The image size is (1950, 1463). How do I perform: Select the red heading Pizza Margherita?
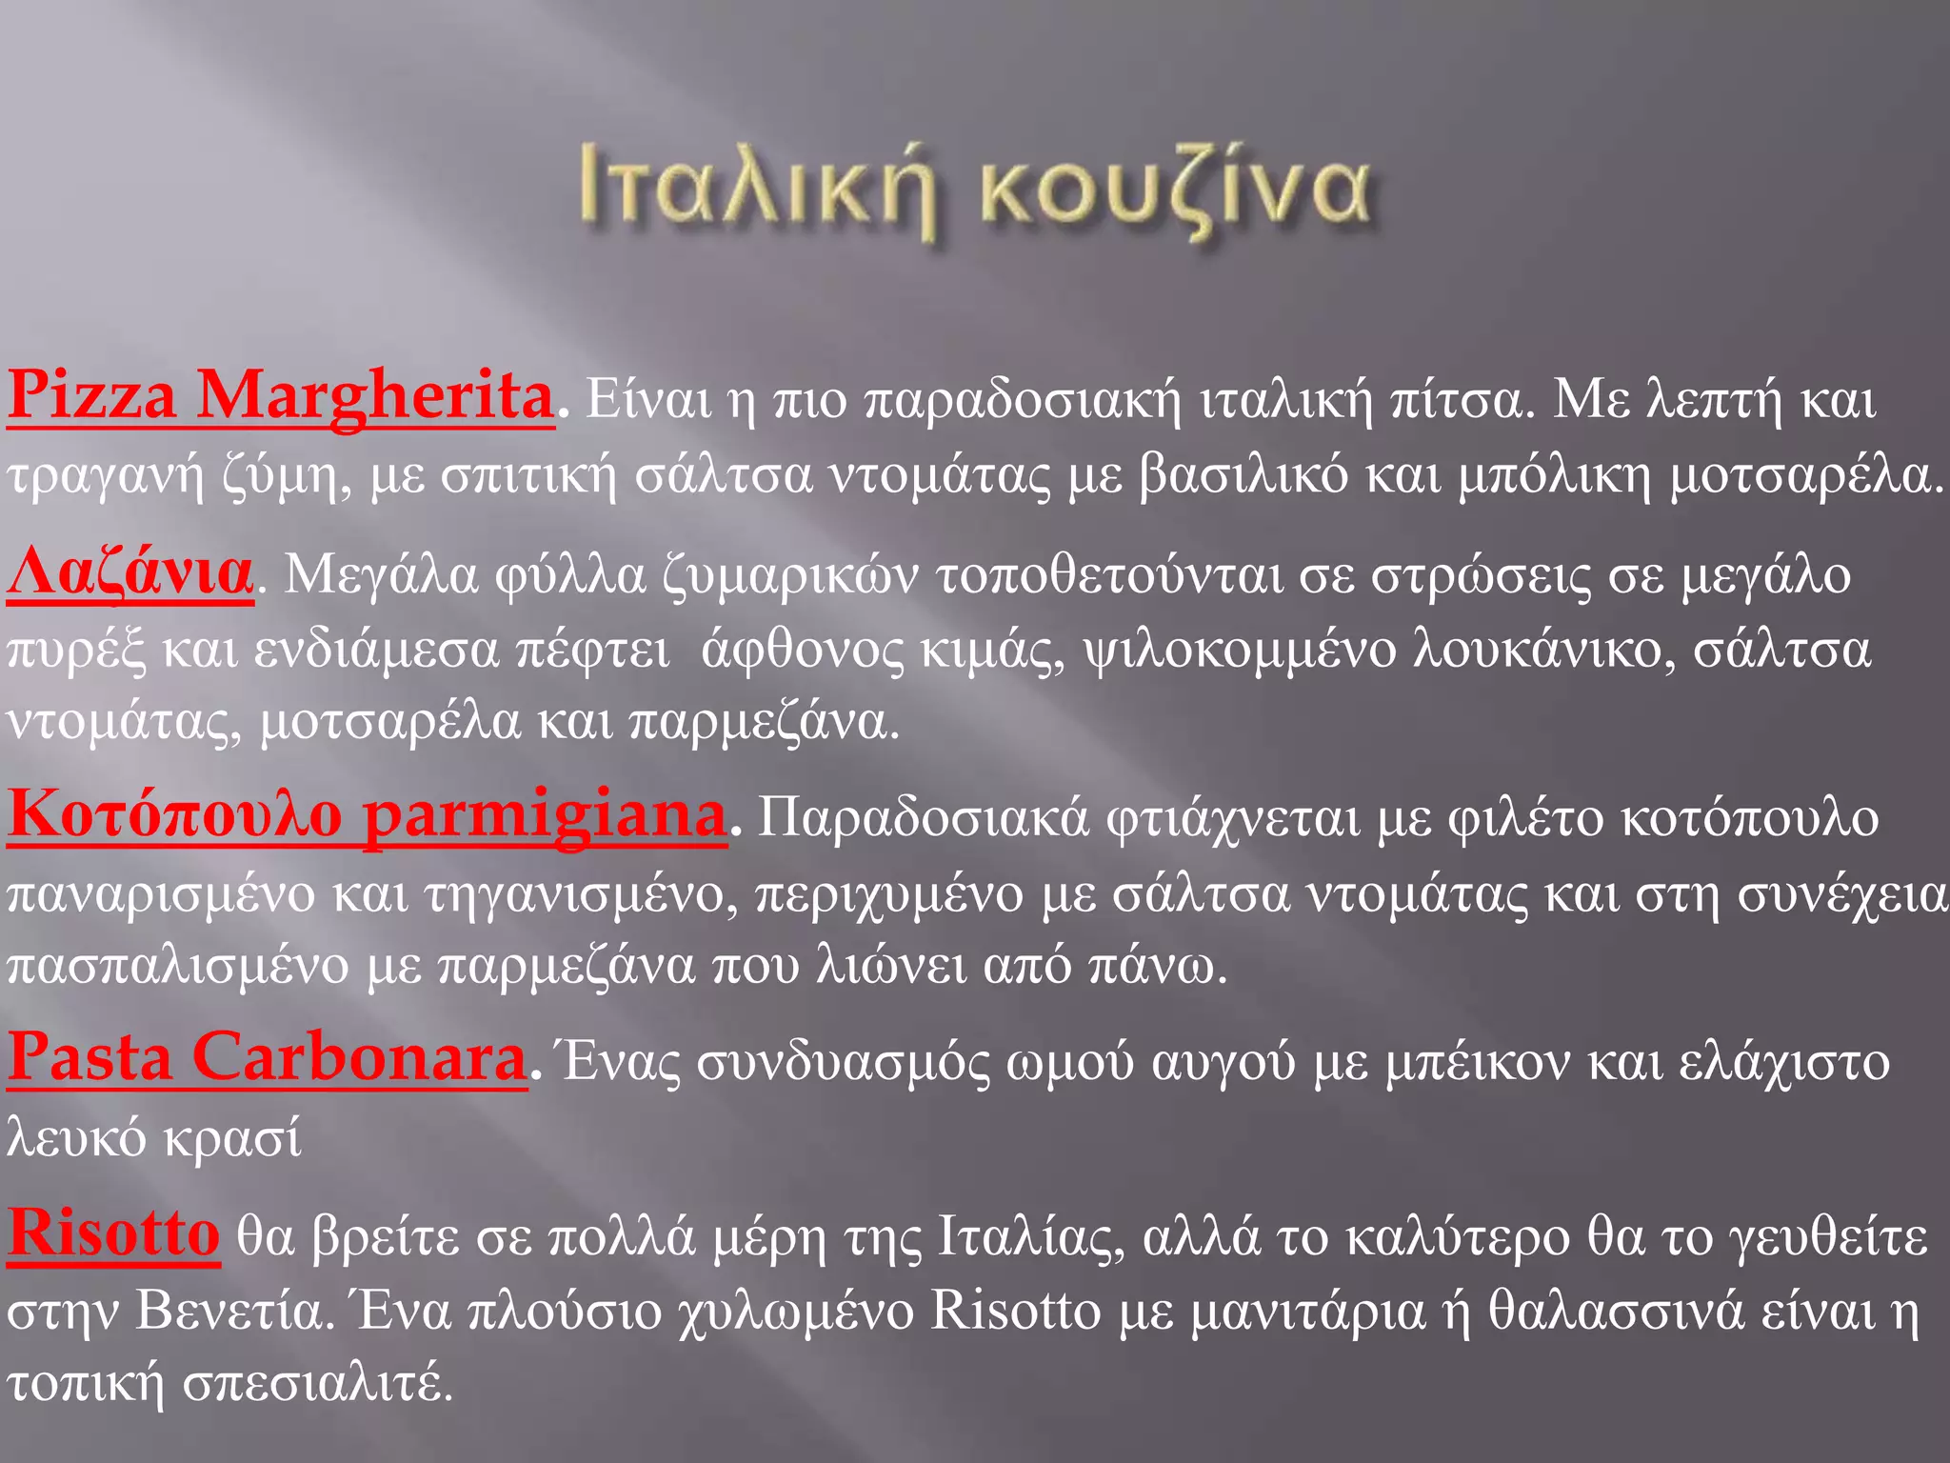281,396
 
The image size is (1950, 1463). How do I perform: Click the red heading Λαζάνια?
130,571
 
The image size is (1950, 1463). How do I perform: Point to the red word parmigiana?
545,815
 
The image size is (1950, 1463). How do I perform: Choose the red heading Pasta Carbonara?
268,1057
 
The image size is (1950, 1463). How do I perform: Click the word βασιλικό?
1243,474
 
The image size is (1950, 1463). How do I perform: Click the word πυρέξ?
76,651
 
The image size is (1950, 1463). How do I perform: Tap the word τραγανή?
105,474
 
